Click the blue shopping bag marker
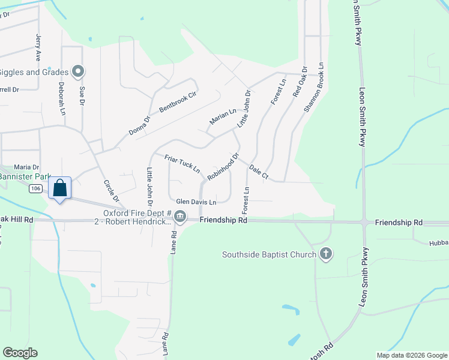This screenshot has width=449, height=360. click(61, 188)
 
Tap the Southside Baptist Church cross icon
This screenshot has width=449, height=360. click(326, 254)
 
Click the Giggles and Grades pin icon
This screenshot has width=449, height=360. click(77, 72)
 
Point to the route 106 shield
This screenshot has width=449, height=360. click(35, 189)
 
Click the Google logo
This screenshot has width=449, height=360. click(20, 353)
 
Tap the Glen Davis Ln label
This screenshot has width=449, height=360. click(196, 202)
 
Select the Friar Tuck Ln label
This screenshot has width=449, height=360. click(182, 163)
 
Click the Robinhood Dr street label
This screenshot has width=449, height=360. click(223, 167)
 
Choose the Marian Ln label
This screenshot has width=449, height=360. click(223, 116)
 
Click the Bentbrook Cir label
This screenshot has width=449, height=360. click(178, 103)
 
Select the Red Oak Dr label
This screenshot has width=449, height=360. click(299, 82)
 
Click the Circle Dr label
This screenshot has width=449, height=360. click(112, 191)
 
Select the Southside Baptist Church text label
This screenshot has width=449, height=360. click(269, 254)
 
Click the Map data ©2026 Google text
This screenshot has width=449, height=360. click(411, 355)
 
